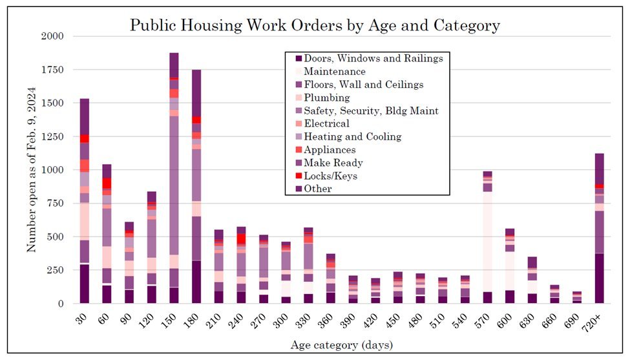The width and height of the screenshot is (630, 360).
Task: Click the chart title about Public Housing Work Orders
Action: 315,25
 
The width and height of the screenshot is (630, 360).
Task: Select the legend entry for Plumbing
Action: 326,98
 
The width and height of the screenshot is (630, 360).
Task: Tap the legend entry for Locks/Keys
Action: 330,176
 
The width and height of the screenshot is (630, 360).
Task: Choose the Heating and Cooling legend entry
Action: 352,136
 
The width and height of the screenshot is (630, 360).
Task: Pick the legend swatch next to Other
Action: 294,189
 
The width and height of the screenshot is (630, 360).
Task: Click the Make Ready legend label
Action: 333,163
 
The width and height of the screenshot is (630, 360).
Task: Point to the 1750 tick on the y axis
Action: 52,70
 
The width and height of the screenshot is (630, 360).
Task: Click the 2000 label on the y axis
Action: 52,37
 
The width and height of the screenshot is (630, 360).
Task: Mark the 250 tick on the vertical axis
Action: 56,270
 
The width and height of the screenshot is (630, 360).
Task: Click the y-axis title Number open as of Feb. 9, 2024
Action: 31,169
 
